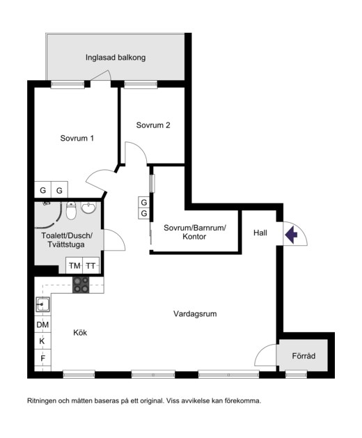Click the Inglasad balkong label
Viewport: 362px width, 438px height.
116,58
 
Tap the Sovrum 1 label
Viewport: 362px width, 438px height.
77,139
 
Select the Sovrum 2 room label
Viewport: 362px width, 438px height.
153,125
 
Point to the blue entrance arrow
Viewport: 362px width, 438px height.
291,235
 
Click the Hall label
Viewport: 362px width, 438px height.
260,233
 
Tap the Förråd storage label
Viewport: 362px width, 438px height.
304,356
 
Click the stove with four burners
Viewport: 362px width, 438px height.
81,285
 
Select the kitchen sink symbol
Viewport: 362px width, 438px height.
43,304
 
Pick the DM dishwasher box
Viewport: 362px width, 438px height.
42,324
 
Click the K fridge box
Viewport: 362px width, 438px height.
42,341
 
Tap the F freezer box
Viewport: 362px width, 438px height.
42,358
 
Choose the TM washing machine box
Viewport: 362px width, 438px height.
74,265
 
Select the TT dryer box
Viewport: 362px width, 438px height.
90,265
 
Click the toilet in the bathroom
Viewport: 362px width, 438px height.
71,210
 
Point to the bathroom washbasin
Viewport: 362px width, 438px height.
88,208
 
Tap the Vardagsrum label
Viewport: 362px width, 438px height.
195,313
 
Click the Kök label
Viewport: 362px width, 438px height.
80,332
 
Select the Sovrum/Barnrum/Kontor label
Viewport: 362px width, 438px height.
195,232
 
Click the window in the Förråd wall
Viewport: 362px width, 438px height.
296,375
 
